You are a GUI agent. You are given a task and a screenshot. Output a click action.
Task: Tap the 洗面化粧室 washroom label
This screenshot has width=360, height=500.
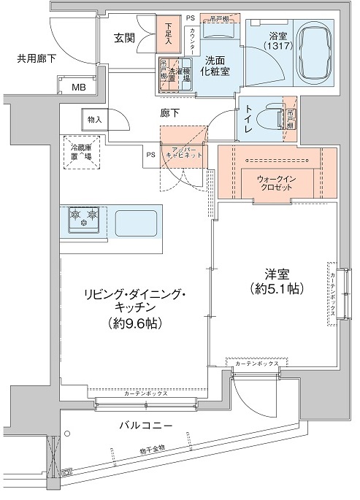click(x=218, y=67)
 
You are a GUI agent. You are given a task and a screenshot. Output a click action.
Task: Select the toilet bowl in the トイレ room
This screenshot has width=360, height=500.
click(x=275, y=117)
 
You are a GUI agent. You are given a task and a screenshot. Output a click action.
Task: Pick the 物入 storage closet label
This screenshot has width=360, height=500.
click(x=94, y=118)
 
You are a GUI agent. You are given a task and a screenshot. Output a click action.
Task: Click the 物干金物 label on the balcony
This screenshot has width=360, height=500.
click(x=153, y=447)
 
